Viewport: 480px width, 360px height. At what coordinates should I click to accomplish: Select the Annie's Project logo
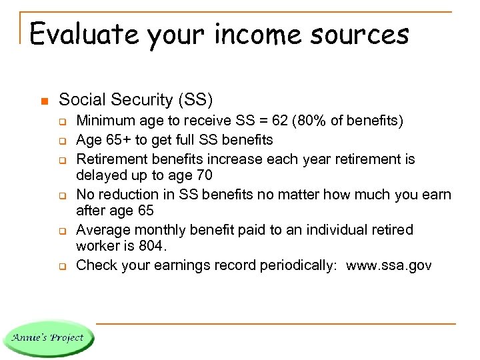click(x=47, y=337)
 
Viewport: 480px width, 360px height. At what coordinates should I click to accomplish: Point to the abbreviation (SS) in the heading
click(x=195, y=100)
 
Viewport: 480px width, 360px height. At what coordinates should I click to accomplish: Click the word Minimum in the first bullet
click(x=104, y=121)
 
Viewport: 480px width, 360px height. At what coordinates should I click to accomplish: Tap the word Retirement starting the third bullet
click(x=111, y=159)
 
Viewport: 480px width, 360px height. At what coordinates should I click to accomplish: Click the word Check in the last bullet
click(x=95, y=266)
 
